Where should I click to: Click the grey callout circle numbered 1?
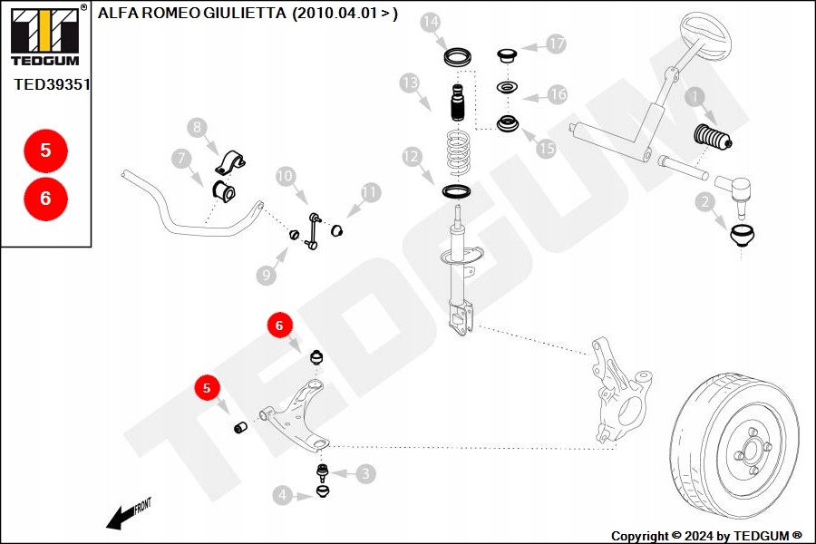tap(695, 97)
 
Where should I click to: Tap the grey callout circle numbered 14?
tap(432, 22)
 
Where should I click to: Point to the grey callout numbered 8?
tap(198, 129)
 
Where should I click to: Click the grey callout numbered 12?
tap(413, 158)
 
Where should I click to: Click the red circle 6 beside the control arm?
tap(279, 325)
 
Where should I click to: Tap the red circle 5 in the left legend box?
tap(46, 151)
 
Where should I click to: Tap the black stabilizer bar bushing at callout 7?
tap(224, 192)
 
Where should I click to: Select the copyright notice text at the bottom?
tap(706, 536)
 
